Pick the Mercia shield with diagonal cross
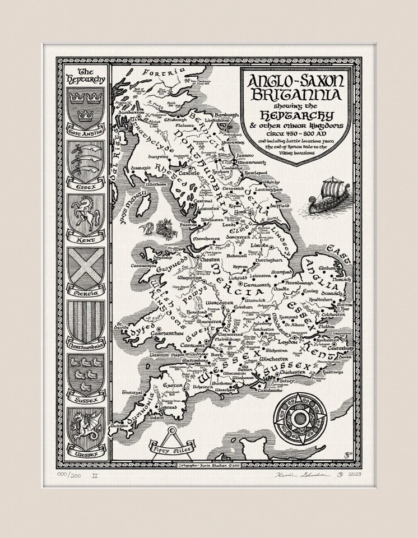point(86,268)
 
